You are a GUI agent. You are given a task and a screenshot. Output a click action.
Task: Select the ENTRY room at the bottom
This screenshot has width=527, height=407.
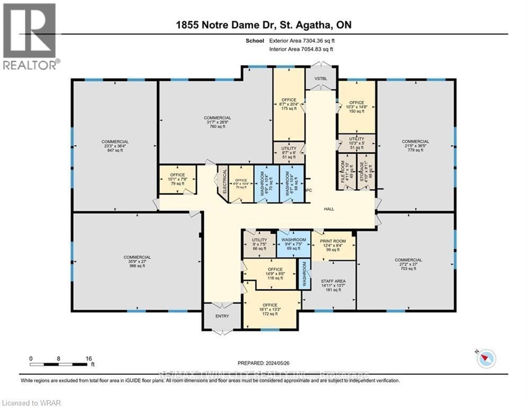(222, 316)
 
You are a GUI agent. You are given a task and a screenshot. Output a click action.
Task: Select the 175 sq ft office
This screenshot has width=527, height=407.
(289, 104)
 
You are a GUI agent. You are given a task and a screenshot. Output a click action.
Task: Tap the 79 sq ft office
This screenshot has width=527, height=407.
(177, 179)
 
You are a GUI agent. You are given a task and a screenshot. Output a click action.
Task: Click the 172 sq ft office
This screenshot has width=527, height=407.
(270, 309)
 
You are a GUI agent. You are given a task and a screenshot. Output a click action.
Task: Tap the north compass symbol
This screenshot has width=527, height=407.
(486, 359)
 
